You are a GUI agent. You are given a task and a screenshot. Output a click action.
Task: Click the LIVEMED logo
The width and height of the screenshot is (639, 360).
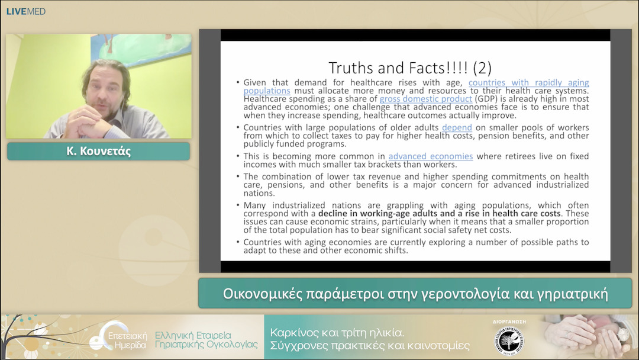[x=25, y=11]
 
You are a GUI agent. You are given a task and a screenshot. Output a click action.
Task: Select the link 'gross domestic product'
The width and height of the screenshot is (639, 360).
[x=426, y=99]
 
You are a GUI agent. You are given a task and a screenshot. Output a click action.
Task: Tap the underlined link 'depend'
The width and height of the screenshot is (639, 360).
[x=457, y=128]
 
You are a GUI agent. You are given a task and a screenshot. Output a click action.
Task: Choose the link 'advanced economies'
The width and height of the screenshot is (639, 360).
[x=431, y=156]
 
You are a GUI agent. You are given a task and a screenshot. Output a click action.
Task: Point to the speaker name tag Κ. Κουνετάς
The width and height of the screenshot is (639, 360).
[x=99, y=151]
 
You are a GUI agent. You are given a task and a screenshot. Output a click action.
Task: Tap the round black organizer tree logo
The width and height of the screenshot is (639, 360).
[x=509, y=341]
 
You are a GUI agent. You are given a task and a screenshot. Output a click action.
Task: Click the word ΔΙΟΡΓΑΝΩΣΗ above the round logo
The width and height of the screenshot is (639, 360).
[x=509, y=322]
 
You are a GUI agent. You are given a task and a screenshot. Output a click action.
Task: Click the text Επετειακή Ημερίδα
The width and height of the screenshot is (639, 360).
[x=127, y=340]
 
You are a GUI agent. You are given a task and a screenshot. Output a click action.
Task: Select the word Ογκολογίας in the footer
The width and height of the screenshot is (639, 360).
[x=232, y=345]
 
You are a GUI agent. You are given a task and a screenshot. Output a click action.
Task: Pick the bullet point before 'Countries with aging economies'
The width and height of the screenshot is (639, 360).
[x=238, y=242]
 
